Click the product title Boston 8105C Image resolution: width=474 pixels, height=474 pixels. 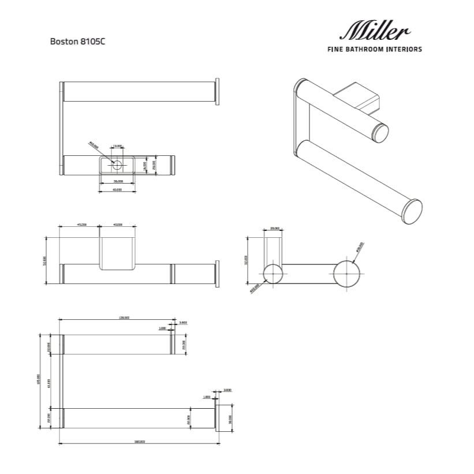(x=77, y=42)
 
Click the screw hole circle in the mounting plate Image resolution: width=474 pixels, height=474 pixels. (x=117, y=166)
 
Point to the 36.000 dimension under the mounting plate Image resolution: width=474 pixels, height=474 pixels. (x=117, y=181)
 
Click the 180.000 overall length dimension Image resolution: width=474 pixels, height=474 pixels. (x=139, y=442)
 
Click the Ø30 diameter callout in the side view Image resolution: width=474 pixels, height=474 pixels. (x=360, y=247)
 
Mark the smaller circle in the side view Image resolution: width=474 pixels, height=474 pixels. (x=273, y=273)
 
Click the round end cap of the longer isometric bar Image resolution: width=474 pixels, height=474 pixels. (x=412, y=210)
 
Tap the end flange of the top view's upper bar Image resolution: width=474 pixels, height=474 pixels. (x=217, y=91)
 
